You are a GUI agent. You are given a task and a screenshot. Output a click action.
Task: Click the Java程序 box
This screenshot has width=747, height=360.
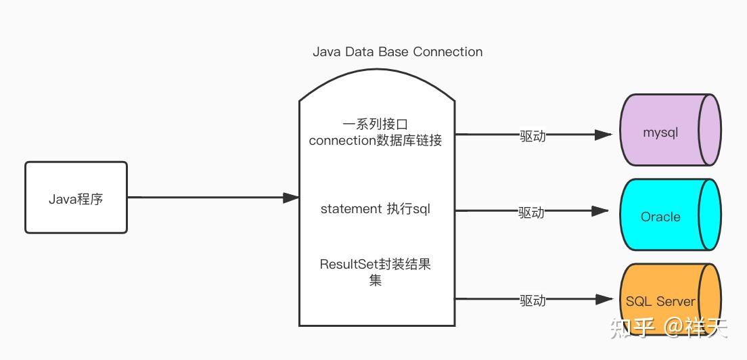pos(76,198)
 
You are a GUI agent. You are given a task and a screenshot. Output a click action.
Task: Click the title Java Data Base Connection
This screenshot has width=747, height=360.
pos(397,51)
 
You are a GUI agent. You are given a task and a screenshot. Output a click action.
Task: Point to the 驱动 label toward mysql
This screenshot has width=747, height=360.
pos(533,135)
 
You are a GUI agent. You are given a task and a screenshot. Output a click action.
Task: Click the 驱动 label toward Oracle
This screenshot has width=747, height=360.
pos(531,212)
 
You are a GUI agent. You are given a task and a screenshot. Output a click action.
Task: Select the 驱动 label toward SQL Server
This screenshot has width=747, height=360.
pos(533,300)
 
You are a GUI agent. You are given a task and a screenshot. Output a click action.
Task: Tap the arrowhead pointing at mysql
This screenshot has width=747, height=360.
pos(604,135)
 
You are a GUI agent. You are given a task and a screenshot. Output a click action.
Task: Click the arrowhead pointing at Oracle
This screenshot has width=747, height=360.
pos(600,211)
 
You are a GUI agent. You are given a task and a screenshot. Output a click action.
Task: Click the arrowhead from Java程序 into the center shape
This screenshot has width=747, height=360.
pos(291,198)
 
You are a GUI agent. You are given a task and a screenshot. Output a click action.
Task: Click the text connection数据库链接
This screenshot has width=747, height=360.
pos(376,141)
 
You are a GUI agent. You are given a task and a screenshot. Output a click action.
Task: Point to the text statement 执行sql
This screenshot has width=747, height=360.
pos(376,209)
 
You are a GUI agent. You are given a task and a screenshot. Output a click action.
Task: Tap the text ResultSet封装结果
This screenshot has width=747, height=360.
pos(376,265)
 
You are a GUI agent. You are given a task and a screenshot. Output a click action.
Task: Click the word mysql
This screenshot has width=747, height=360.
pos(660,133)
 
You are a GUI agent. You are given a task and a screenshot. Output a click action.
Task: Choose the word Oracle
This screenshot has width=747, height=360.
pos(660,217)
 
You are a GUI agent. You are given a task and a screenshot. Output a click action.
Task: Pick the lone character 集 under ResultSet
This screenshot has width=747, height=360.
pos(376,280)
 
